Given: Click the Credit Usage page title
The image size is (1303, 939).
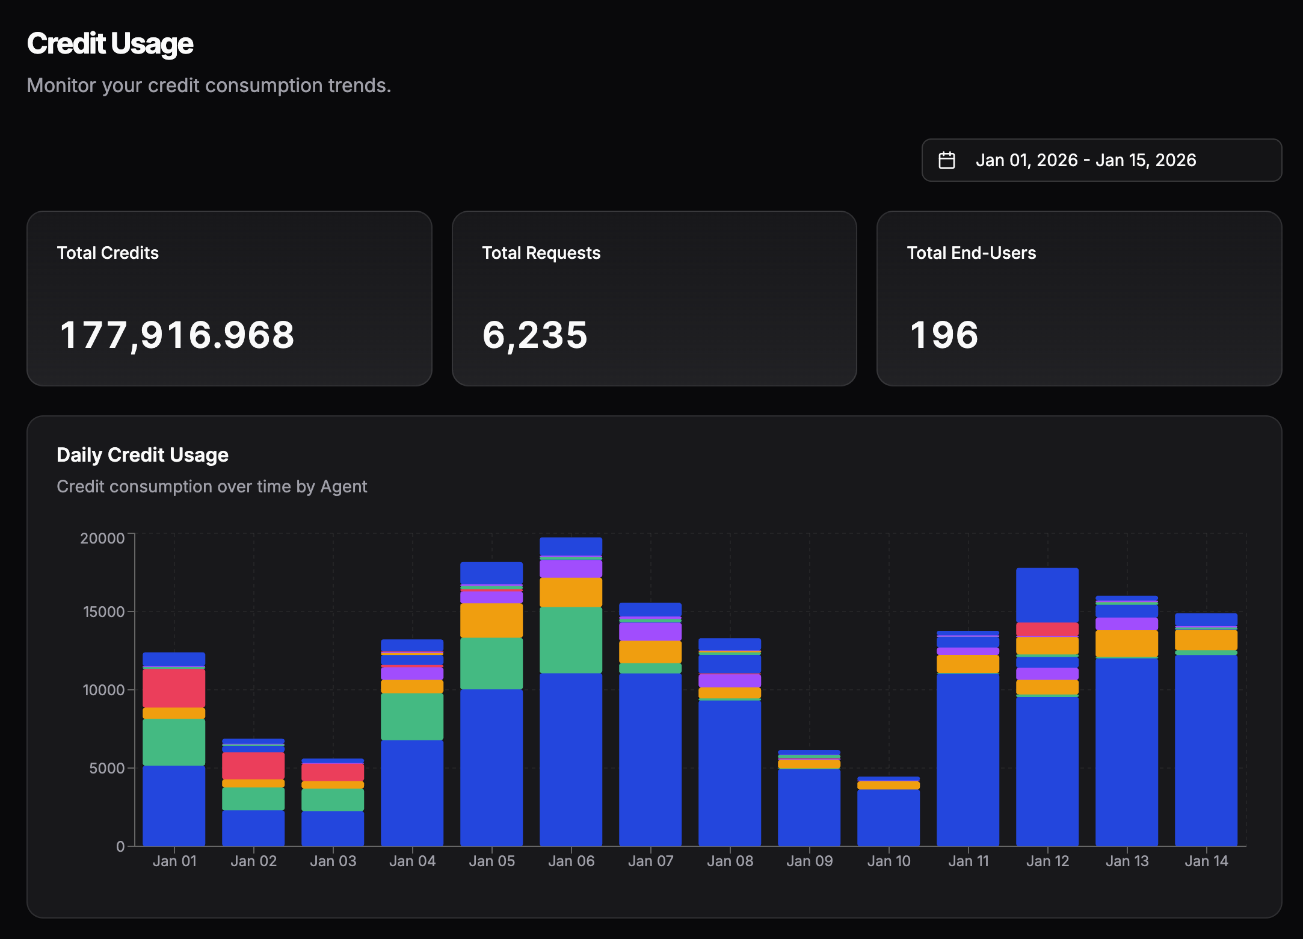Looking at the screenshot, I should (x=110, y=44).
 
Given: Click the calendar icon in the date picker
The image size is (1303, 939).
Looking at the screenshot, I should (x=947, y=160).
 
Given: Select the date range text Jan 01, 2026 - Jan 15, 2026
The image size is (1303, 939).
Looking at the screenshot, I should (x=1085, y=160).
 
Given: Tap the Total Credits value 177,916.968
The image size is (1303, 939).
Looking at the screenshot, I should (x=177, y=335).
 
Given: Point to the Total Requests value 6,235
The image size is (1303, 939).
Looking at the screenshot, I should (x=535, y=335).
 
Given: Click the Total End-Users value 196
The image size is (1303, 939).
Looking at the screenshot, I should (x=944, y=335).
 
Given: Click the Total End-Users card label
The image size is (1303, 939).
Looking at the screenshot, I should (x=971, y=253).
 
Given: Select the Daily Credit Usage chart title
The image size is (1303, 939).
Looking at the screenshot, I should (x=143, y=455).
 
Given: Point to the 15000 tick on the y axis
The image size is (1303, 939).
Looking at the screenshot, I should (x=103, y=612).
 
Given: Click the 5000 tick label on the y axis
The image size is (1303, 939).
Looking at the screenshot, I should (x=106, y=769).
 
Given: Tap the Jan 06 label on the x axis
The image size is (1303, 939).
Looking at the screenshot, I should (x=571, y=861).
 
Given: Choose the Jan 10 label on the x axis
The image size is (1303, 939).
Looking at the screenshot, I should (x=889, y=861).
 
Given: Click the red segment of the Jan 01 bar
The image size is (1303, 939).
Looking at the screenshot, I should (x=174, y=688).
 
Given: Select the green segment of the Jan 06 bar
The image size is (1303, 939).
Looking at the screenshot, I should (x=571, y=640).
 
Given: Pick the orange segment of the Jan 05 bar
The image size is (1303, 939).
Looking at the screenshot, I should (x=491, y=620).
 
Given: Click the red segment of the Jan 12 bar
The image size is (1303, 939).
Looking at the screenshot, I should (x=1047, y=629).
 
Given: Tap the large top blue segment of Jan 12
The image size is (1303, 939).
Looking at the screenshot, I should (x=1047, y=595).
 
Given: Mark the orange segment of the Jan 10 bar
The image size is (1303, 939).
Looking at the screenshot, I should (x=889, y=786).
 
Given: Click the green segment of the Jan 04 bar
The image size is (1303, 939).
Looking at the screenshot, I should (x=412, y=716).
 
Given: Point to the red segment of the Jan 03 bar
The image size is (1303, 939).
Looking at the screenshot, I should (x=333, y=772).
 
